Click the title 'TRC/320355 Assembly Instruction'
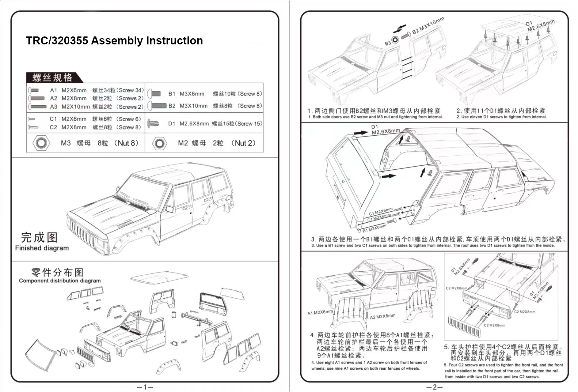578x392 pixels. coord(114,40)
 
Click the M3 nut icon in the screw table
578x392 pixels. coord(41,143)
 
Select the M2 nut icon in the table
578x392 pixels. coord(159,143)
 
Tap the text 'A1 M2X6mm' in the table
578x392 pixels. coord(68,90)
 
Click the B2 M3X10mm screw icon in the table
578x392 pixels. coord(157,106)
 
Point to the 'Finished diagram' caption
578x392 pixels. coord(42,248)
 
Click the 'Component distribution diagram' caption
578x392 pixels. coord(60,281)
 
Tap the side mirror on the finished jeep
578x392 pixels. coord(170,209)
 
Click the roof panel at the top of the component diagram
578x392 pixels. coord(159,277)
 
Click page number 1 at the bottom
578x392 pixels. coord(145,387)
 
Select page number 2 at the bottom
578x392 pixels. coord(434,387)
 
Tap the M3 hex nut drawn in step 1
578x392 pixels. coord(395,39)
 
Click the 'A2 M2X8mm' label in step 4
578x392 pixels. coord(382,316)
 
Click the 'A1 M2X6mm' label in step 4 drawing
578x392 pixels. coord(320,312)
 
